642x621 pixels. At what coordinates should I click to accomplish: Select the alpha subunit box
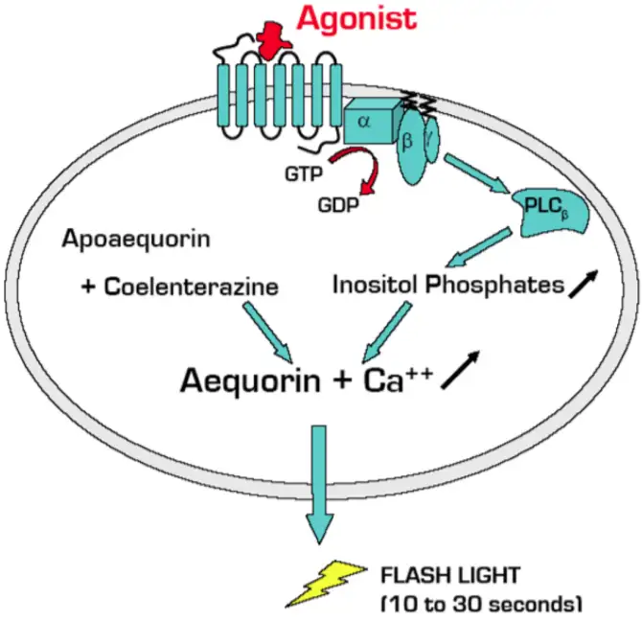(367, 122)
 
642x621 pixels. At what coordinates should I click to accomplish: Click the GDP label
(337, 204)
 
